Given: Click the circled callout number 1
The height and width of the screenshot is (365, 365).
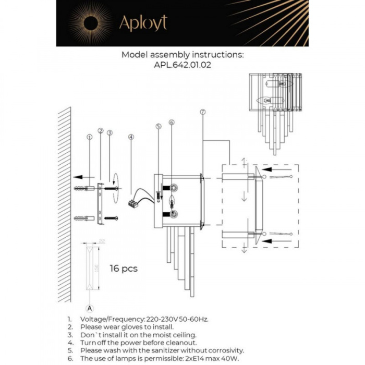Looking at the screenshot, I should pyautogui.click(x=90, y=137).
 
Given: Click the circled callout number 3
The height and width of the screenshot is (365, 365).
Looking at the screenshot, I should pyautogui.click(x=110, y=133).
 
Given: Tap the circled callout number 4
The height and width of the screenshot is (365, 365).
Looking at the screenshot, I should pyautogui.click(x=131, y=137).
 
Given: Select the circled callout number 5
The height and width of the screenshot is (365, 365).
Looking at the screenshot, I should pyautogui.click(x=159, y=126).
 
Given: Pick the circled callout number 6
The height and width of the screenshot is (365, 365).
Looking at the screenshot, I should pyautogui.click(x=171, y=123).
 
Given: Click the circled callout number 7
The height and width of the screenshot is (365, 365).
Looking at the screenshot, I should pyautogui.click(x=202, y=112).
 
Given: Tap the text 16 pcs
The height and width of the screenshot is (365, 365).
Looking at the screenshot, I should pyautogui.click(x=124, y=269).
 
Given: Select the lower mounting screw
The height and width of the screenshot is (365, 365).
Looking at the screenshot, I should pyautogui.click(x=111, y=217).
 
